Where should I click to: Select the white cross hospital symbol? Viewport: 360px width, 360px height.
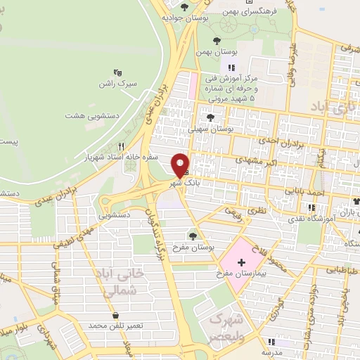coord(242,262)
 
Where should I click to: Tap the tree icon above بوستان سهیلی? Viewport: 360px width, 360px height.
coord(212,117)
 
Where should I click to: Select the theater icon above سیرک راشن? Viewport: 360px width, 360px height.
coord(117,72)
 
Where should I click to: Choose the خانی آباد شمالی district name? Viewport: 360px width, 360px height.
coord(122,281)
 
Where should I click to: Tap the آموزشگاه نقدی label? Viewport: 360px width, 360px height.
coord(314,219)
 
